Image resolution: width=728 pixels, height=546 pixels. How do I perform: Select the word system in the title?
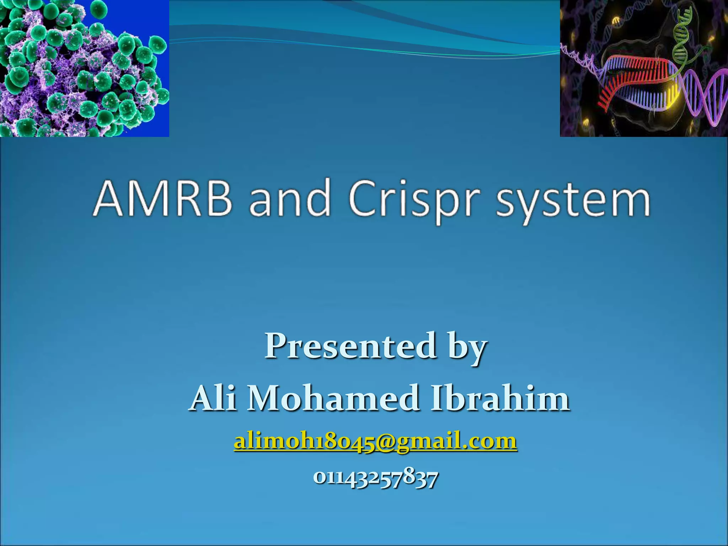[x=573, y=201]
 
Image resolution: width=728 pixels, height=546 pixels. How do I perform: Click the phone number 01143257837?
[x=375, y=478]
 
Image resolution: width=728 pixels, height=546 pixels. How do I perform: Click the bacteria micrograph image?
[x=84, y=68]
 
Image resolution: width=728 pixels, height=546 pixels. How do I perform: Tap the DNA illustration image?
[x=644, y=68]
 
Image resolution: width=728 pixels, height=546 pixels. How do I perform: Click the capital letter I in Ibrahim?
[x=437, y=398]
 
